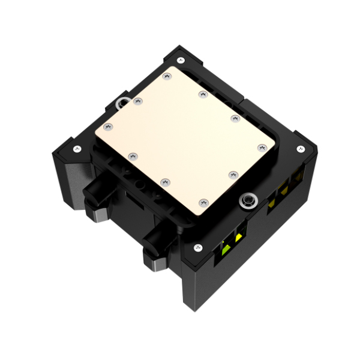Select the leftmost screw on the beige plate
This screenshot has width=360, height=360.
point(109,127)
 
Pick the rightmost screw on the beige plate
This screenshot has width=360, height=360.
point(262,147)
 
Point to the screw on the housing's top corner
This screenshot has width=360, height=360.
point(181,59)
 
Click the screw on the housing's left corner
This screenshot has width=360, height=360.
point(76,148)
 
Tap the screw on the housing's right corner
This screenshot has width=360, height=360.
point(299,149)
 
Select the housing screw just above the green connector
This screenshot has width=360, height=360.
point(197,247)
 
